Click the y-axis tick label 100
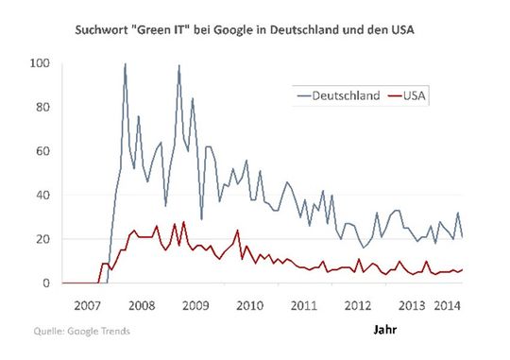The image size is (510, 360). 39,63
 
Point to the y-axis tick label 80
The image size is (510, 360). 42,107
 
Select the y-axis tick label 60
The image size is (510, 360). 42,151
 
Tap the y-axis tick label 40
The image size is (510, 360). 42,195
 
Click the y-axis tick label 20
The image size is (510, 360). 42,239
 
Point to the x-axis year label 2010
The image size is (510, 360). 249,307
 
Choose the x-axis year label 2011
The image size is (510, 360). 304,307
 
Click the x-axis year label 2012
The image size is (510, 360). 359,307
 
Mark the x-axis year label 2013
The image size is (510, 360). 412,307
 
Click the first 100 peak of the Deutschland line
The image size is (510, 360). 126,65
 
